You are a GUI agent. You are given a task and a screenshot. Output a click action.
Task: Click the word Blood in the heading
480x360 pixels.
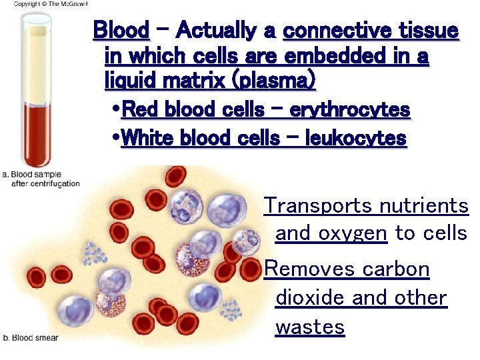(121, 31)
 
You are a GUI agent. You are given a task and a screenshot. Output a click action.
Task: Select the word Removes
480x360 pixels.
(310, 269)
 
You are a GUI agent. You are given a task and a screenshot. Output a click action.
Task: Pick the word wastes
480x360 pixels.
(310, 327)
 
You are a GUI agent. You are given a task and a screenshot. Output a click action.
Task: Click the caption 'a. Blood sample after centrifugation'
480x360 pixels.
(41, 179)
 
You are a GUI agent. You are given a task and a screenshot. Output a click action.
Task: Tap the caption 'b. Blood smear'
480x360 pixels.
(32, 338)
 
